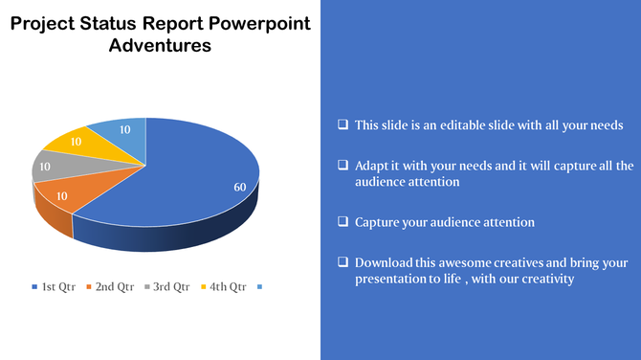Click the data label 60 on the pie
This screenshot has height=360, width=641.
click(x=240, y=187)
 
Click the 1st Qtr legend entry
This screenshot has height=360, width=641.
click(x=54, y=286)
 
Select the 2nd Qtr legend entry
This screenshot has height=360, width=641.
click(x=110, y=286)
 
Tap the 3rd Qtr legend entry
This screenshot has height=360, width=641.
click(x=166, y=286)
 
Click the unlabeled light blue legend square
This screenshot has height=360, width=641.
click(x=259, y=286)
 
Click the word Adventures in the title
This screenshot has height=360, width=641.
click(x=160, y=45)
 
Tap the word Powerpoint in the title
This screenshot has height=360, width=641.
click(x=257, y=23)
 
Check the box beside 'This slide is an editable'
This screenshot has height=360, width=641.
click(x=343, y=124)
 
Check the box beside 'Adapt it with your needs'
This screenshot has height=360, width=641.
click(x=343, y=165)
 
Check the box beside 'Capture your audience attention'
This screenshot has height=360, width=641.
click(x=343, y=221)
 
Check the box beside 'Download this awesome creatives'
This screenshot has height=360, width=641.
click(x=343, y=261)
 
